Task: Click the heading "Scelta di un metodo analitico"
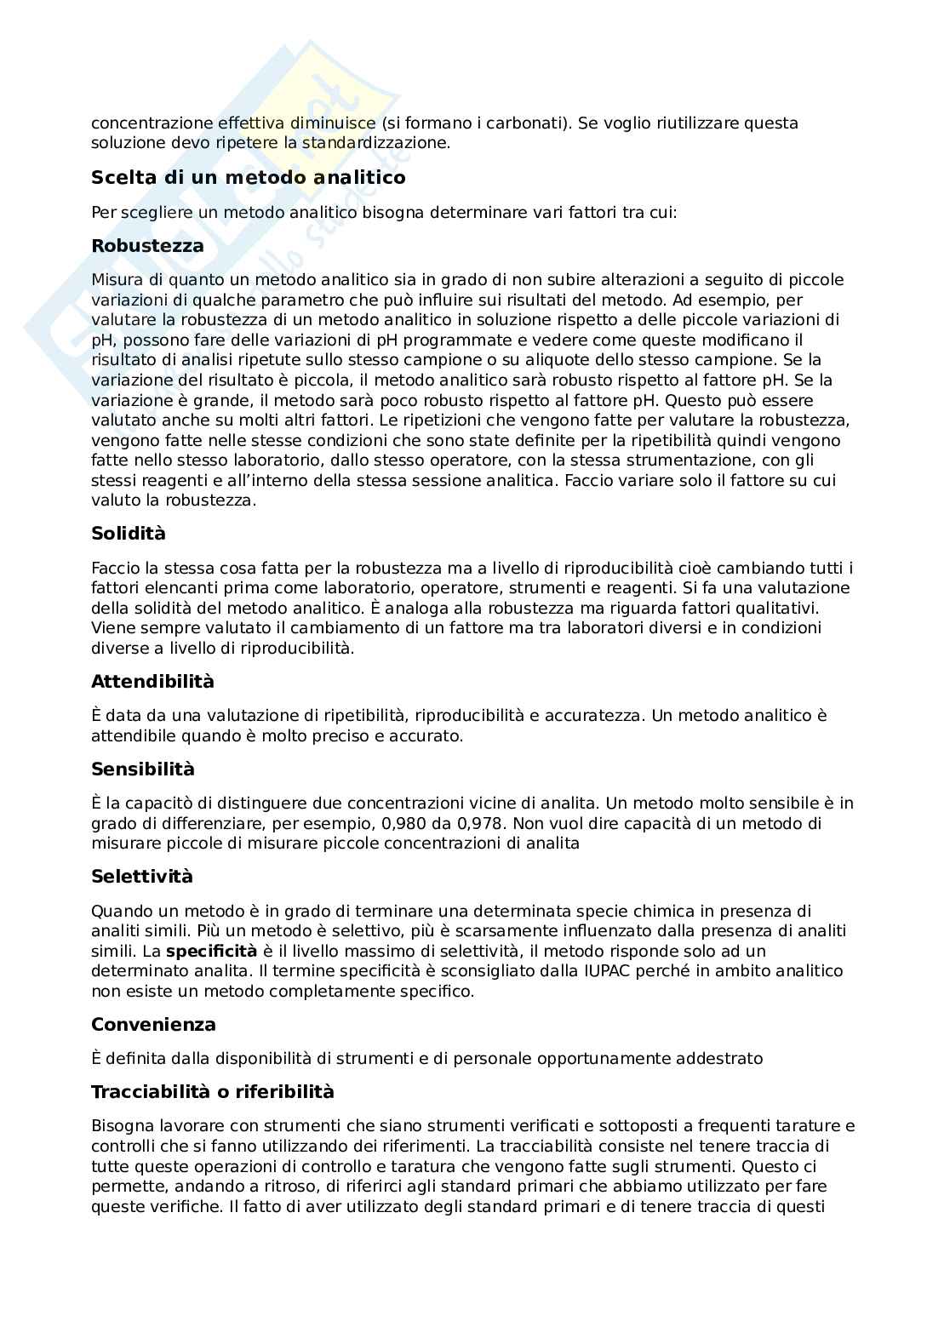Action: (248, 178)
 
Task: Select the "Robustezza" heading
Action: (147, 246)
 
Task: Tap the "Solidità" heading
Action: (129, 534)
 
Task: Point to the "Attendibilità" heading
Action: (152, 682)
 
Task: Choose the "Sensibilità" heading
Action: (143, 769)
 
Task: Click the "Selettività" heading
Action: (142, 877)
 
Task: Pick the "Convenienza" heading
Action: (153, 1025)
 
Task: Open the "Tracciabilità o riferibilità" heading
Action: (213, 1092)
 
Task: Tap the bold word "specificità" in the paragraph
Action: (211, 952)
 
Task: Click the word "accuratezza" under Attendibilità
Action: (594, 716)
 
